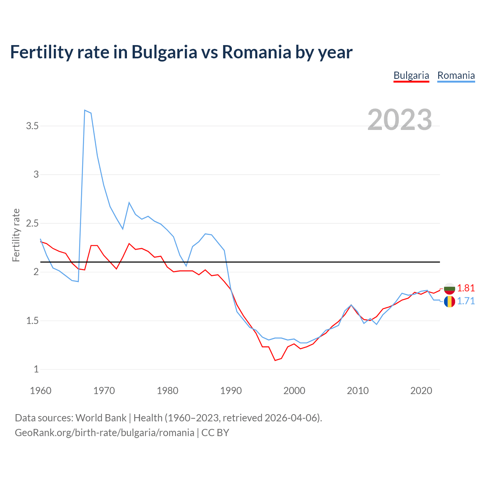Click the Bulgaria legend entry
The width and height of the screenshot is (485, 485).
pyautogui.click(x=411, y=75)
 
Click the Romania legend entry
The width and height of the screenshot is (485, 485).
pyautogui.click(x=456, y=75)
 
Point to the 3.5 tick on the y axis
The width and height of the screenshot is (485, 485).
pyautogui.click(x=33, y=126)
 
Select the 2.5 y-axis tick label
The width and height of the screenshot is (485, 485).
pyautogui.click(x=33, y=223)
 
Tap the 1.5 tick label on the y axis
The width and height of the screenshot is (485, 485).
pyautogui.click(x=33, y=321)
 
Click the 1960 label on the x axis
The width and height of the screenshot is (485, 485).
pyautogui.click(x=41, y=391)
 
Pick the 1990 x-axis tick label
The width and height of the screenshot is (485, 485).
pyautogui.click(x=231, y=391)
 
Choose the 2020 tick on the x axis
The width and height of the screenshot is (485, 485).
pyautogui.click(x=421, y=391)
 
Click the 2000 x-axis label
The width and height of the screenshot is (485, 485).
pyautogui.click(x=294, y=391)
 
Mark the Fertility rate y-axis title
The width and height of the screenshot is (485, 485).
pyautogui.click(x=16, y=235)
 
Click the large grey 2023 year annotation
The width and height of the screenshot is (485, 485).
pyautogui.click(x=400, y=120)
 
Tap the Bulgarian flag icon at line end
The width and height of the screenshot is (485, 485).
pyautogui.click(x=449, y=288)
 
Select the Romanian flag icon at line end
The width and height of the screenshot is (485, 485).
pyautogui.click(x=449, y=302)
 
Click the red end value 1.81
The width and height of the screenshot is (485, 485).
pyautogui.click(x=466, y=288)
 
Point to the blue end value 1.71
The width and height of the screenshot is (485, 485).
pyautogui.click(x=466, y=301)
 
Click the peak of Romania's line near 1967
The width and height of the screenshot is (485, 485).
pyautogui.click(x=85, y=110)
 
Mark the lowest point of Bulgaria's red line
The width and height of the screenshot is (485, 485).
pyautogui.click(x=275, y=360)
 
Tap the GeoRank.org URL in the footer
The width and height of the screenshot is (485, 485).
pyautogui.click(x=104, y=432)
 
